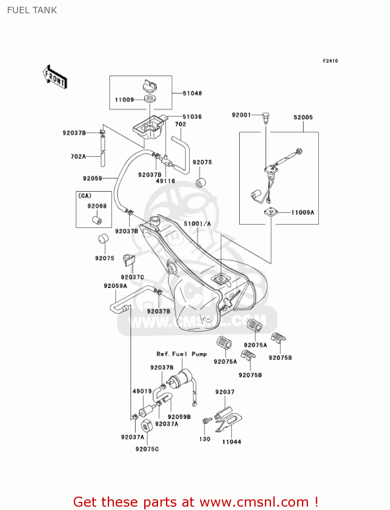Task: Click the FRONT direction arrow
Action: [x=55, y=77]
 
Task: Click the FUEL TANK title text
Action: [x=32, y=10]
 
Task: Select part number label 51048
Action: [x=192, y=93]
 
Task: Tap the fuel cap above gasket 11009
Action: [x=150, y=86]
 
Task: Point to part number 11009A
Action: [x=303, y=213]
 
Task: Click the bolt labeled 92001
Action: [x=266, y=118]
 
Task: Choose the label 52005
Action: [x=303, y=117]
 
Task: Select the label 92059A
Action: [x=115, y=286]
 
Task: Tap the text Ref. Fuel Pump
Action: [x=182, y=354]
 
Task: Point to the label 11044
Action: [x=232, y=442]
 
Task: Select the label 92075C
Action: [x=147, y=449]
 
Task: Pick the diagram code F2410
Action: [x=330, y=61]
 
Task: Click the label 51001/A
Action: [x=197, y=224]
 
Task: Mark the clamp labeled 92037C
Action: [x=129, y=260]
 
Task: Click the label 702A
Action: [x=78, y=156]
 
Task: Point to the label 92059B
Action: [x=179, y=417]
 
